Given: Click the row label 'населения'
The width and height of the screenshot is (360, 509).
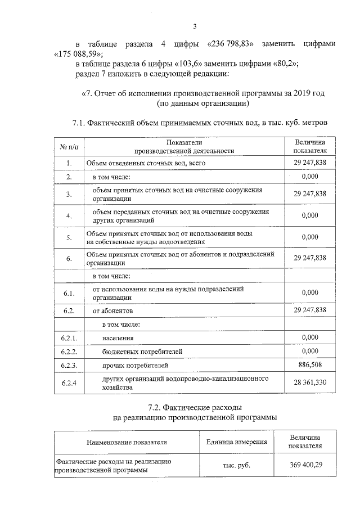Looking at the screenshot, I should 118,337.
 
